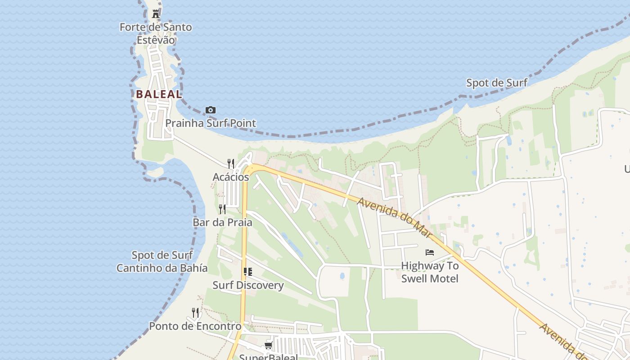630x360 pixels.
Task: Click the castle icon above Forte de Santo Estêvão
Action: [x=156, y=14]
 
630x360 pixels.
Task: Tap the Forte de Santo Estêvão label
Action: [x=156, y=33]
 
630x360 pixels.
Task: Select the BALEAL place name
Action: [x=159, y=94]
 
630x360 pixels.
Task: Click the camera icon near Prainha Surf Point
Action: [x=210, y=110]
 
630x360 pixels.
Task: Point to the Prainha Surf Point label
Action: [x=211, y=123]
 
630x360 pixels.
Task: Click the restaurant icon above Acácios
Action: [x=231, y=163]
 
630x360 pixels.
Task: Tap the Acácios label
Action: [x=231, y=177]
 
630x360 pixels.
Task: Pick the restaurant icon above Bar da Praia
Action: [x=222, y=209]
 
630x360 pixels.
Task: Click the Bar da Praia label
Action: [x=222, y=222]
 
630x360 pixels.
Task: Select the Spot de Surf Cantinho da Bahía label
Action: [x=162, y=262]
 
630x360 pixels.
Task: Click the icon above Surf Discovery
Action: [x=247, y=272]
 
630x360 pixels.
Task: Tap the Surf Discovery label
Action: [x=248, y=285]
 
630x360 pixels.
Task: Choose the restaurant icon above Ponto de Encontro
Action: [x=195, y=312]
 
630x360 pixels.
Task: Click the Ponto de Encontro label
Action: [x=195, y=326]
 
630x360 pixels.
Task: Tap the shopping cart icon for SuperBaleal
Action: [x=269, y=345]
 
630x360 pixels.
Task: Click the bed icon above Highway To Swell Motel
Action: [x=430, y=252]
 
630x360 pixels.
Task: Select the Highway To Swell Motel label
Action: [x=430, y=272]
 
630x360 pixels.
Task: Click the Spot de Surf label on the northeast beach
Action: [x=497, y=83]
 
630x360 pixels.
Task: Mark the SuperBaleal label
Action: [x=269, y=357]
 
